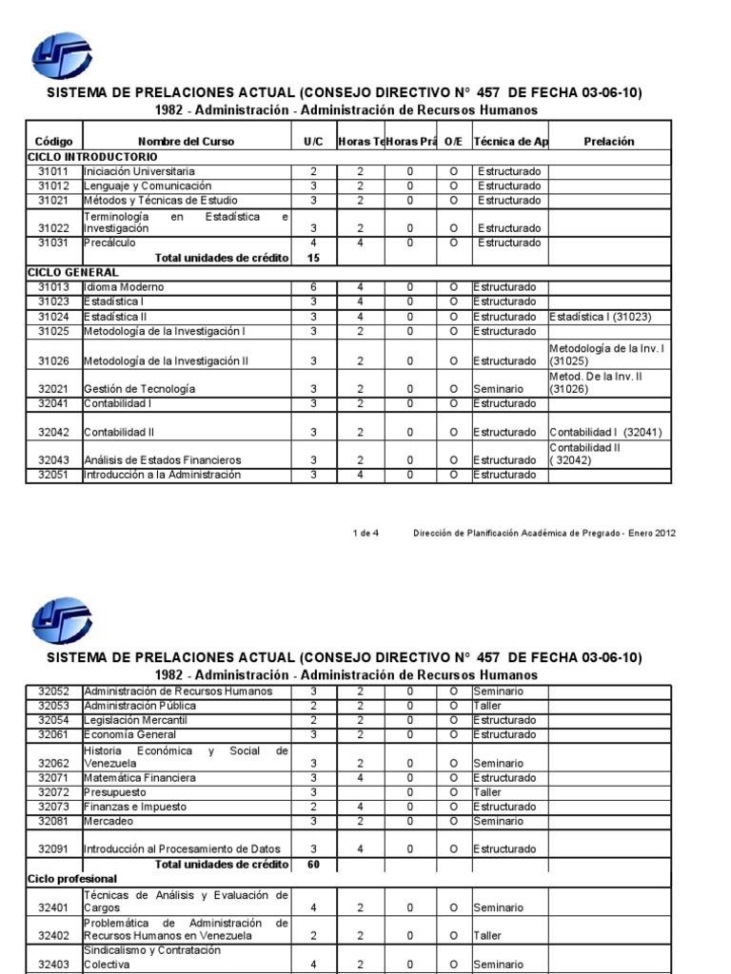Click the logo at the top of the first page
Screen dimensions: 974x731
coord(62,58)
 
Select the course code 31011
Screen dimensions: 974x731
coord(53,171)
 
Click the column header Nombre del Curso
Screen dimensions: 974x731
coord(186,142)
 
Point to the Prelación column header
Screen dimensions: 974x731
coord(609,142)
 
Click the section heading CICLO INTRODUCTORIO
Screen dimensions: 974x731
coord(92,156)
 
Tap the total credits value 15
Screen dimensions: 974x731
coord(314,258)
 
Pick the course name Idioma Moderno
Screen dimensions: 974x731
coord(124,287)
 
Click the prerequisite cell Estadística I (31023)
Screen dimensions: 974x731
coord(601,317)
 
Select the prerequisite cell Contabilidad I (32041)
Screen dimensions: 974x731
coord(605,432)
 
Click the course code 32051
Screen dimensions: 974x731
coord(53,475)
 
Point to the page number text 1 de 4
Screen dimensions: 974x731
coord(365,533)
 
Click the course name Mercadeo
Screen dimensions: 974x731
coord(108,821)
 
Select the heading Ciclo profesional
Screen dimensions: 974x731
coord(72,879)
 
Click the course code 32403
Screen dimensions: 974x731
coord(53,965)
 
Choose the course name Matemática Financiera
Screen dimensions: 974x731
coord(139,778)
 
